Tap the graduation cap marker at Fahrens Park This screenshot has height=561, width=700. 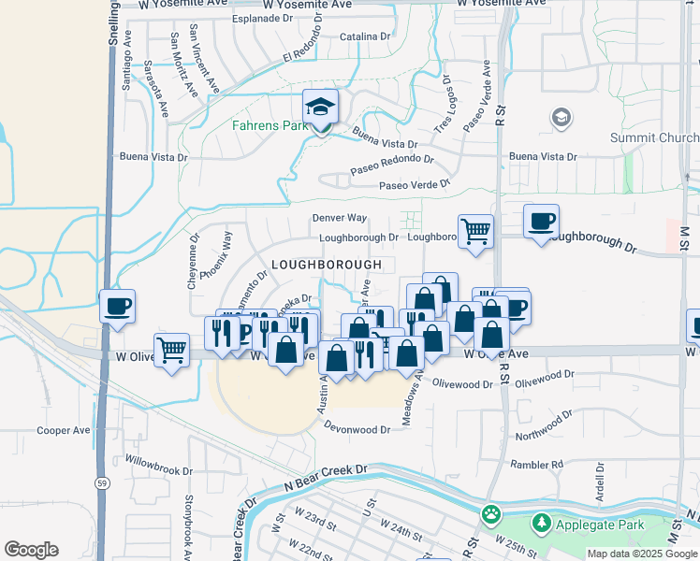[x=320, y=108]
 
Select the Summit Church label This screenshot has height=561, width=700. [x=653, y=137]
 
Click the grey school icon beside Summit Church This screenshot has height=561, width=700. [x=561, y=118]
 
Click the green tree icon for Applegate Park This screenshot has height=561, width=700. [x=540, y=524]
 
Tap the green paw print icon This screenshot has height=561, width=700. [x=490, y=514]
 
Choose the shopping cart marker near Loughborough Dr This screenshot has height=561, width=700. [x=475, y=230]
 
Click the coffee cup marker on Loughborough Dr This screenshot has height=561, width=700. [x=541, y=222]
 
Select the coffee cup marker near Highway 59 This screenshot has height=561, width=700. [x=117, y=306]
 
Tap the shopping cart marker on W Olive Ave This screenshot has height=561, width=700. [x=171, y=351]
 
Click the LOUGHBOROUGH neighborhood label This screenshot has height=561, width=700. [x=327, y=265]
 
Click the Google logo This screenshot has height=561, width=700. [x=31, y=550]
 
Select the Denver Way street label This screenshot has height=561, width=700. [x=339, y=218]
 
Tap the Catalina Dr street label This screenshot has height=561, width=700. [x=365, y=36]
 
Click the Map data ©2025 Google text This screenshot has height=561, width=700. [x=642, y=554]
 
